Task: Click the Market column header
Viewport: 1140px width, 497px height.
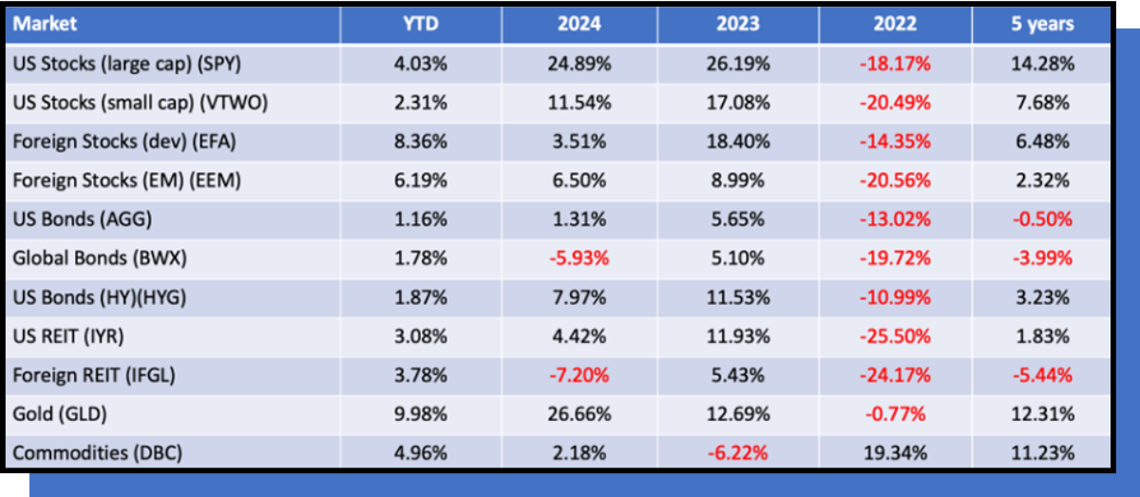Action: point(45,24)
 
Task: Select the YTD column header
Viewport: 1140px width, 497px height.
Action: point(421,24)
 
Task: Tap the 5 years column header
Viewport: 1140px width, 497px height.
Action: point(1042,24)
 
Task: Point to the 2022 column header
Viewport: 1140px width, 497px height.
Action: point(895,24)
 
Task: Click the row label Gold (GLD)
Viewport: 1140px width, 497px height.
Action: point(60,414)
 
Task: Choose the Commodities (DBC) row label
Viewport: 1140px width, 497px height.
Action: point(97,452)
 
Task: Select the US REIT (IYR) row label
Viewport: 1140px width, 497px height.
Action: point(68,336)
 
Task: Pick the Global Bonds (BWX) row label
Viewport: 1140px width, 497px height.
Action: point(100,258)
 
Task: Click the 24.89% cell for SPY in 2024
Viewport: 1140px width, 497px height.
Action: point(579,64)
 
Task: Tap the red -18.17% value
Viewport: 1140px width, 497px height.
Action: point(895,64)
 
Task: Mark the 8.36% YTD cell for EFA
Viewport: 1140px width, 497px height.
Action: point(421,142)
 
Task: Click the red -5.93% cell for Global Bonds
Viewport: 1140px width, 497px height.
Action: point(579,258)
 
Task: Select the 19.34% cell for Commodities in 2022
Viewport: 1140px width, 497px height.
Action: point(895,452)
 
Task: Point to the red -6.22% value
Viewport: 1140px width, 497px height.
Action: point(738,452)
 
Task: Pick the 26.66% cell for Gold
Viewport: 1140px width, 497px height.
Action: point(579,414)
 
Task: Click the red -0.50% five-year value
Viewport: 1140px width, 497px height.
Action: point(1042,220)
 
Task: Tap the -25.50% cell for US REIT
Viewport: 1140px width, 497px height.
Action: point(895,336)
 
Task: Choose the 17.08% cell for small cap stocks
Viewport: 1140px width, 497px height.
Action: point(738,103)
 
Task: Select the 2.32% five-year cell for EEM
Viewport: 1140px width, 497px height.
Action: point(1042,181)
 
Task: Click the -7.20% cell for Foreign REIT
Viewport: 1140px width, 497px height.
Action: point(579,375)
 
